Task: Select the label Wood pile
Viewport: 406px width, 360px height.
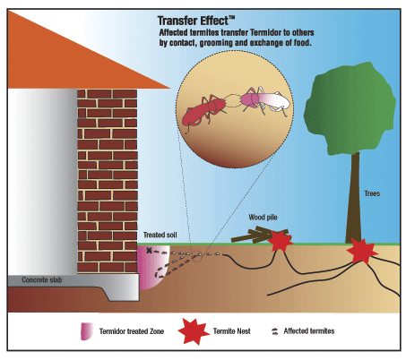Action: click(x=263, y=218)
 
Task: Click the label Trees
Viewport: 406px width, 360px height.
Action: click(x=372, y=193)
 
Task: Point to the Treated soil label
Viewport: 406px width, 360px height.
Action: click(x=160, y=235)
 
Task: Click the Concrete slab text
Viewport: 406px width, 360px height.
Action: click(x=42, y=280)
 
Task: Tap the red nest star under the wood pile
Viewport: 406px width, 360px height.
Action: click(x=281, y=242)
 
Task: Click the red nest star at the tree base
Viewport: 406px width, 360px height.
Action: click(x=362, y=252)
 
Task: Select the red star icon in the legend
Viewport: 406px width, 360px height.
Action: click(x=194, y=331)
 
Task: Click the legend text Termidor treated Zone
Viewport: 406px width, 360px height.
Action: click(x=132, y=331)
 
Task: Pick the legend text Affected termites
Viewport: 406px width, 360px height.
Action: click(x=309, y=331)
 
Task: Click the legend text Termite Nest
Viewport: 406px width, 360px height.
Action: click(x=232, y=331)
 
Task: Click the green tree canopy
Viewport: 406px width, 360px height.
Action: click(x=350, y=109)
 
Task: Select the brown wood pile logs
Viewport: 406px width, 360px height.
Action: click(x=257, y=235)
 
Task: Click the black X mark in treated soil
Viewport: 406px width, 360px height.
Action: click(x=149, y=251)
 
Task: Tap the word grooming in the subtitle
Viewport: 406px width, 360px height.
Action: click(x=216, y=43)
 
